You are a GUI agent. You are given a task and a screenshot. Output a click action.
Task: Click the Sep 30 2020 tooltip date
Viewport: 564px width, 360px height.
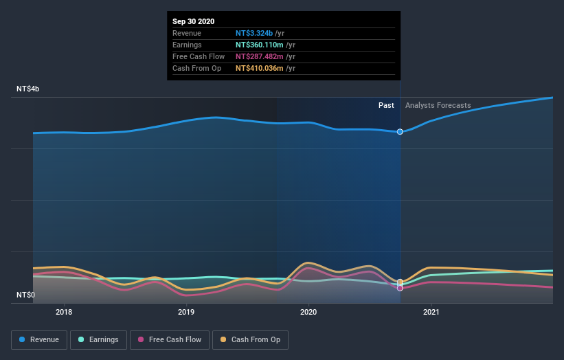pos(193,21)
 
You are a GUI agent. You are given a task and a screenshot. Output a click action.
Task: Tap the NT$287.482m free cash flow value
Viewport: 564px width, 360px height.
pos(262,56)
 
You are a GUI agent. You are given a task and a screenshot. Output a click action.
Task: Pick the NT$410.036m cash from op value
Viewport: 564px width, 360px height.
pos(262,68)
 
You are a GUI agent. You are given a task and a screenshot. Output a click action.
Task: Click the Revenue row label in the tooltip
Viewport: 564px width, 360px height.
pos(186,33)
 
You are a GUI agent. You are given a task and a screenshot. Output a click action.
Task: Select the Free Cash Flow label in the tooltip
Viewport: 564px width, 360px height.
pos(199,56)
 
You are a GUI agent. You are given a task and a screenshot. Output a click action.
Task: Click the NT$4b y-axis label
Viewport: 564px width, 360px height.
pos(28,89)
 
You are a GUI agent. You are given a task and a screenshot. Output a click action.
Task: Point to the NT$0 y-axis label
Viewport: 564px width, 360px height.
pos(25,295)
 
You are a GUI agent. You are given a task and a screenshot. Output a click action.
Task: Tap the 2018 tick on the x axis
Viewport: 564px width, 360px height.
pos(64,313)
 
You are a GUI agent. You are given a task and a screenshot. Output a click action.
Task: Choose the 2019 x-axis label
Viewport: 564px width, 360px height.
pos(186,313)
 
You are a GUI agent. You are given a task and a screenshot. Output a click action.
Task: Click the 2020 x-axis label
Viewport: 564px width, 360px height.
pos(308,313)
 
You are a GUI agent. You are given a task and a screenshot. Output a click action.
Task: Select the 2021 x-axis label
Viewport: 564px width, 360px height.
pos(431,313)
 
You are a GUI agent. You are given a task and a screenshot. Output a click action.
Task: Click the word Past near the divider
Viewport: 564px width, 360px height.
pos(386,106)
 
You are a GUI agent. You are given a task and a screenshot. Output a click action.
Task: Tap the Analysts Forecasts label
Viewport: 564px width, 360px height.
pos(438,106)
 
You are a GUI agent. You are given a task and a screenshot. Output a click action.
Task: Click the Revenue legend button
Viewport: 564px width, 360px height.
pos(39,339)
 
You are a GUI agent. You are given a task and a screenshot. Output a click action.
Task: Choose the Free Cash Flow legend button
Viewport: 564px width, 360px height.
pos(170,339)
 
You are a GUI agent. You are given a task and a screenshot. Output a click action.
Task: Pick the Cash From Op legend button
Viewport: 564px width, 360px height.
pos(251,339)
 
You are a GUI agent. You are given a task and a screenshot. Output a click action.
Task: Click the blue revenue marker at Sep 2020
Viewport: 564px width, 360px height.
pos(400,131)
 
